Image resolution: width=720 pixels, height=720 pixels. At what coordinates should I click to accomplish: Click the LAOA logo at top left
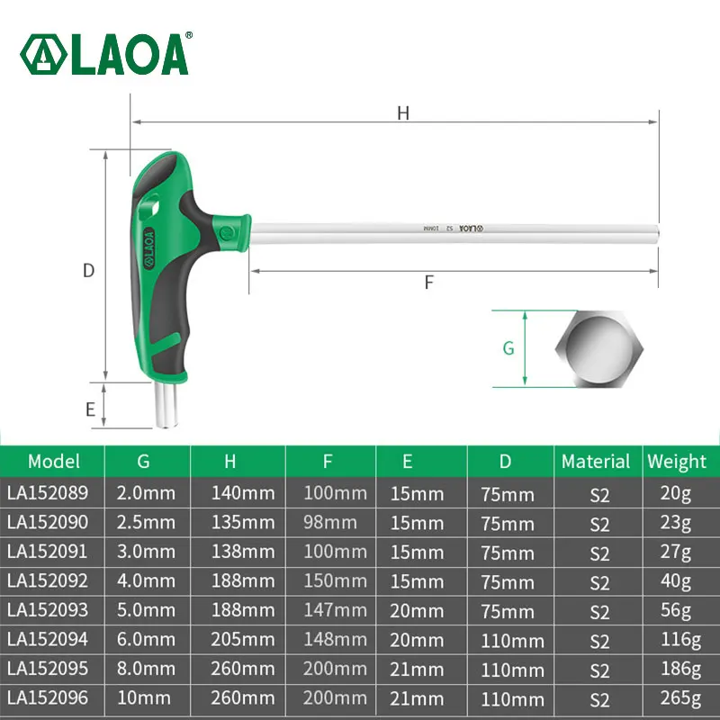coord(105,54)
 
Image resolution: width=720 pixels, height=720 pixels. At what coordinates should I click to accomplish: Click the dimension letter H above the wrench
coord(403,112)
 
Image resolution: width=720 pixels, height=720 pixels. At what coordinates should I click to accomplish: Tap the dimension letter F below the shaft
coord(429,282)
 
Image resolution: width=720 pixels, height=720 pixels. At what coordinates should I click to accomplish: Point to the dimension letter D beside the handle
coord(88,270)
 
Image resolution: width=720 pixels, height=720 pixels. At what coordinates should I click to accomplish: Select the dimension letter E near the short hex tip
coord(90,409)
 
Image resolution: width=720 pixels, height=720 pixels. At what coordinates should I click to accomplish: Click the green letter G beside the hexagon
coord(508,348)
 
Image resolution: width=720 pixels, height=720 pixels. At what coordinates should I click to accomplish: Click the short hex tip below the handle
coord(167,406)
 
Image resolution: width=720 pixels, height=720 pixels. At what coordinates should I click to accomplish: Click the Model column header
coord(54,462)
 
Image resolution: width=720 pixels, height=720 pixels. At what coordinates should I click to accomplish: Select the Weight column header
coord(677,462)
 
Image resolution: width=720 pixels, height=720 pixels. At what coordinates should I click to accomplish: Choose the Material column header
coord(595,462)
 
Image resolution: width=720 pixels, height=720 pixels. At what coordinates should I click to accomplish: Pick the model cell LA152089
coord(49,493)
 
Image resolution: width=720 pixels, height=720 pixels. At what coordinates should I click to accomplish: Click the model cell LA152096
coord(49,698)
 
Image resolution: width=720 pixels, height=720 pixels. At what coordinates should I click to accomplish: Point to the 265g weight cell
coord(678,698)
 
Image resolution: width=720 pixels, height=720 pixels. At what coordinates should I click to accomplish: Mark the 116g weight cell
coord(678,640)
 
